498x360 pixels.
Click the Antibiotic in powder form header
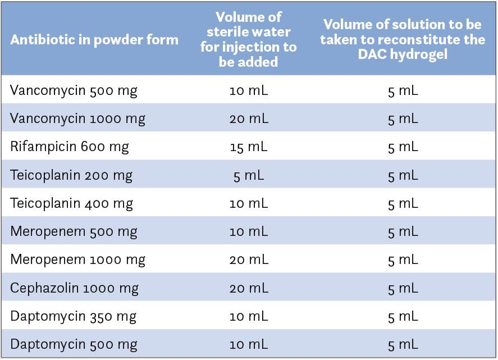[94, 40]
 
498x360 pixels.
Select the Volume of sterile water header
[248, 39]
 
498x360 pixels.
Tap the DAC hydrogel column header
[403, 40]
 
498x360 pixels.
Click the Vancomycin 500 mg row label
[74, 90]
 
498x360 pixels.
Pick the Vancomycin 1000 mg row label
[77, 119]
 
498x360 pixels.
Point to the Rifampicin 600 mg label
[70, 147]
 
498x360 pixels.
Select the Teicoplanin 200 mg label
[71, 175]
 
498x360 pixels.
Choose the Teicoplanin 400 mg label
[71, 203]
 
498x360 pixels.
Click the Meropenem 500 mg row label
[74, 231]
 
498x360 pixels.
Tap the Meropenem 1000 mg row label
[77, 259]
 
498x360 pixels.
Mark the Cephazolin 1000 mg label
[75, 288]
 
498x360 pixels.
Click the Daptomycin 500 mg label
[74, 344]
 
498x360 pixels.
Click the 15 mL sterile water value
[249, 147]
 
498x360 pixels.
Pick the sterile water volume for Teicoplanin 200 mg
[249, 175]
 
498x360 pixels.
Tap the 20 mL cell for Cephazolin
[249, 288]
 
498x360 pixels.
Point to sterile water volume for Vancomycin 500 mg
[249, 90]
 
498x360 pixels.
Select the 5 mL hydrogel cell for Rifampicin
[403, 147]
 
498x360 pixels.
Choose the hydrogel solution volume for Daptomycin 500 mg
[403, 344]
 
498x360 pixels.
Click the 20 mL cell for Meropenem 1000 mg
[249, 259]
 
